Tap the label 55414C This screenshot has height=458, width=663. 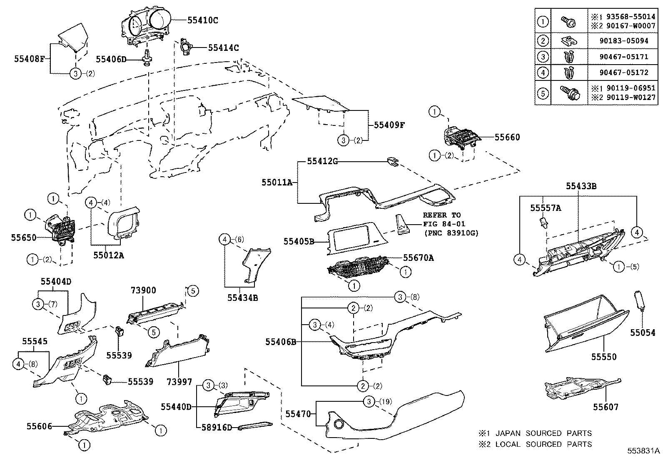tap(223, 48)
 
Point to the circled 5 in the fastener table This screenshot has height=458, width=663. tap(543, 93)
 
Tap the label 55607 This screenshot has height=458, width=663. tap(606, 407)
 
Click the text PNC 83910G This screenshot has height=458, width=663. tap(451, 233)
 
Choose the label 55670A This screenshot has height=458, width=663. tap(418, 258)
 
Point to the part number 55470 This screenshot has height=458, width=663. tap(298, 414)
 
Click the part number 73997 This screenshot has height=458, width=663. tap(179, 382)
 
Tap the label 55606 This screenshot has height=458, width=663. tap(40, 426)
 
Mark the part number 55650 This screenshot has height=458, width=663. tap(24, 237)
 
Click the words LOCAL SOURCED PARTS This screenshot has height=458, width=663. tap(543, 444)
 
